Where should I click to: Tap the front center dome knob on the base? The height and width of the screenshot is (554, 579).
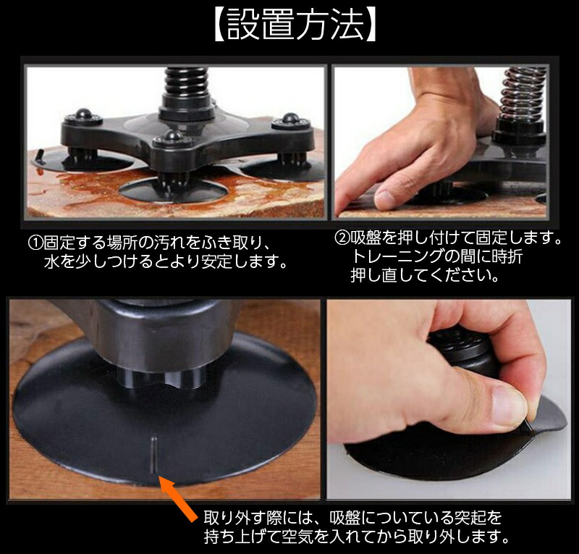coord(173,136)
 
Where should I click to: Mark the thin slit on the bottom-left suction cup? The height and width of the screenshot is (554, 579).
coord(153,457)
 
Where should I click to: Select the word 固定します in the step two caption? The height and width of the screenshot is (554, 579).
coord(519,238)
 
